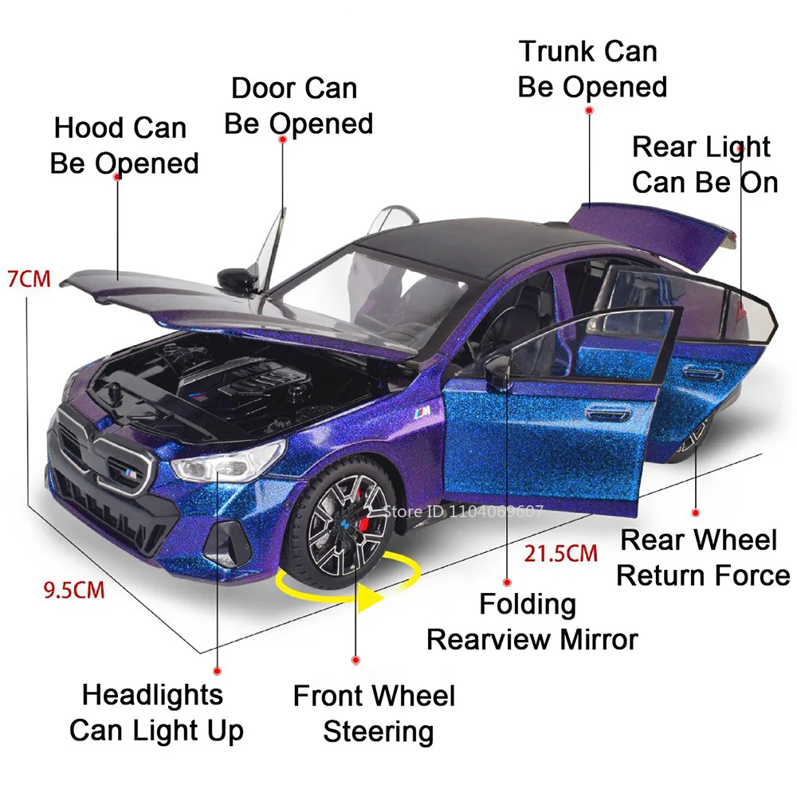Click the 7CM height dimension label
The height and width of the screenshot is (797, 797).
click(x=28, y=280)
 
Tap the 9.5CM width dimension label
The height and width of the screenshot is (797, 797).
click(x=73, y=591)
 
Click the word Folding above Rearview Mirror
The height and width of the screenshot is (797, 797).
click(x=527, y=603)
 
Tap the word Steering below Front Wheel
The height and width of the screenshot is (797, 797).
click(x=378, y=731)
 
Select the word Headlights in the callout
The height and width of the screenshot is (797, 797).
click(x=152, y=695)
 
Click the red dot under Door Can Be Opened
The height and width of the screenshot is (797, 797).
click(x=282, y=140)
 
